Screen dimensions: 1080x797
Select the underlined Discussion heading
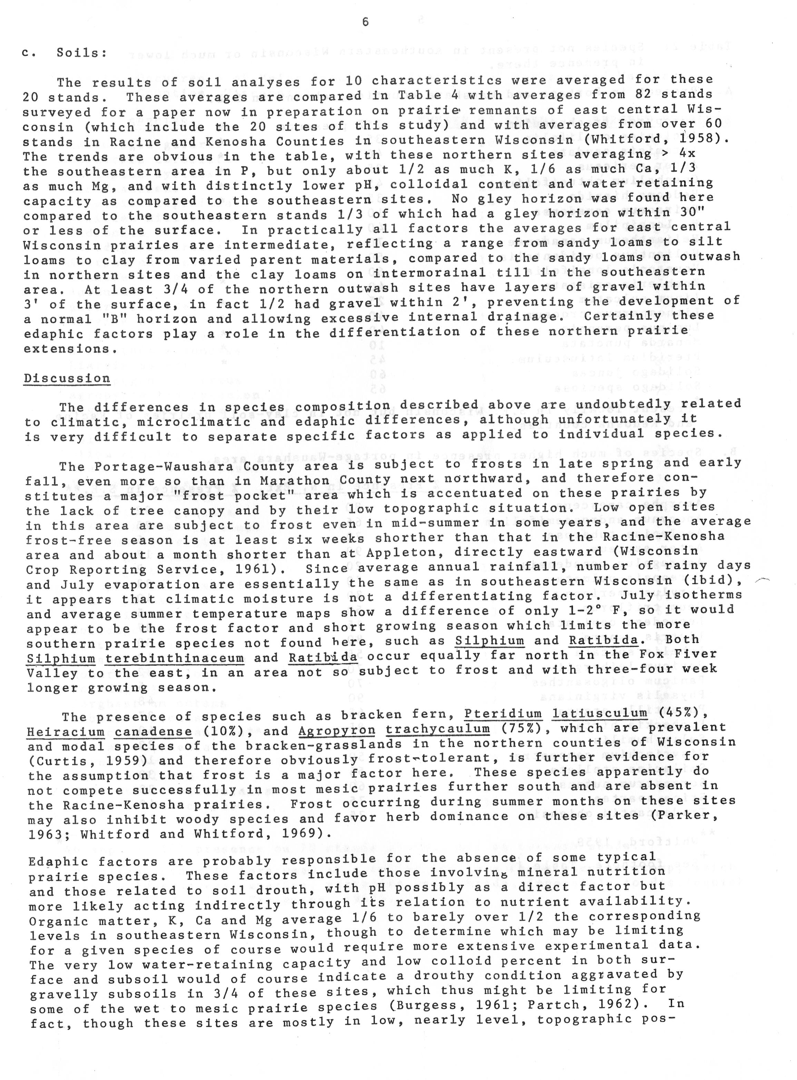pyautogui.click(x=67, y=378)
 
